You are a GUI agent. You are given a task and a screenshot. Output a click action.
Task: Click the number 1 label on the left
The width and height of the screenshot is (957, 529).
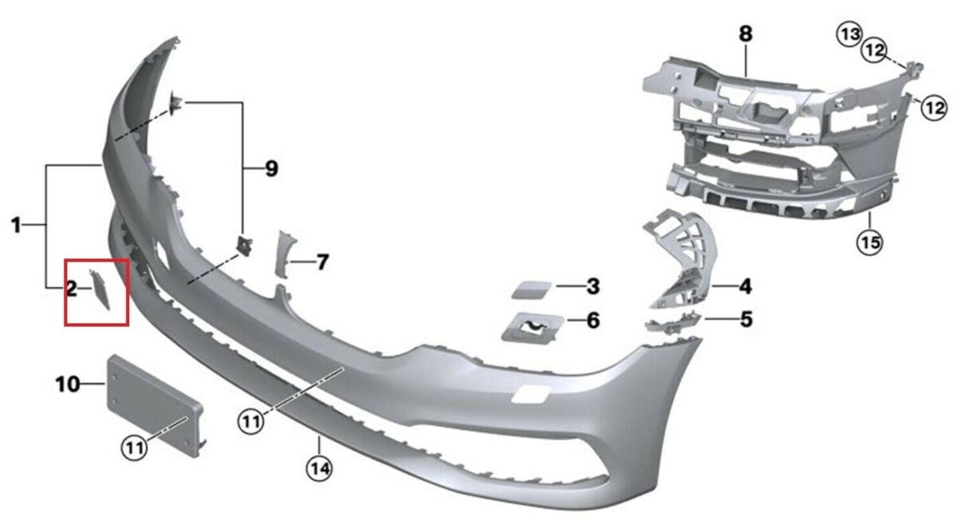[16, 226]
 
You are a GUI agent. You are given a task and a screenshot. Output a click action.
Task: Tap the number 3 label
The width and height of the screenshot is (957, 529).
[593, 285]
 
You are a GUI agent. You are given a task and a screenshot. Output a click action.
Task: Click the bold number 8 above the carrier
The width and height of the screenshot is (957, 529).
[746, 34]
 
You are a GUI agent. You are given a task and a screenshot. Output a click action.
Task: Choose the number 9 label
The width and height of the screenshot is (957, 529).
[271, 168]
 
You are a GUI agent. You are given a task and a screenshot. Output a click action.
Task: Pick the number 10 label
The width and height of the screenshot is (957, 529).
[68, 385]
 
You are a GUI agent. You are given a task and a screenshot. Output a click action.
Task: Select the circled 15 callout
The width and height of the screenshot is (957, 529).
[870, 240]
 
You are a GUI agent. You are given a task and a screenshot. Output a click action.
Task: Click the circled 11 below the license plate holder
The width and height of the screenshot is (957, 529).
[135, 448]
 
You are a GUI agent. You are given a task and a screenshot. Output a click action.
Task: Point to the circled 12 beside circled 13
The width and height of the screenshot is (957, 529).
[875, 51]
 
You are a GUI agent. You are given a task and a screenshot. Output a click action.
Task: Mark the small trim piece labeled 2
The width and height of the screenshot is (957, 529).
[101, 289]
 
